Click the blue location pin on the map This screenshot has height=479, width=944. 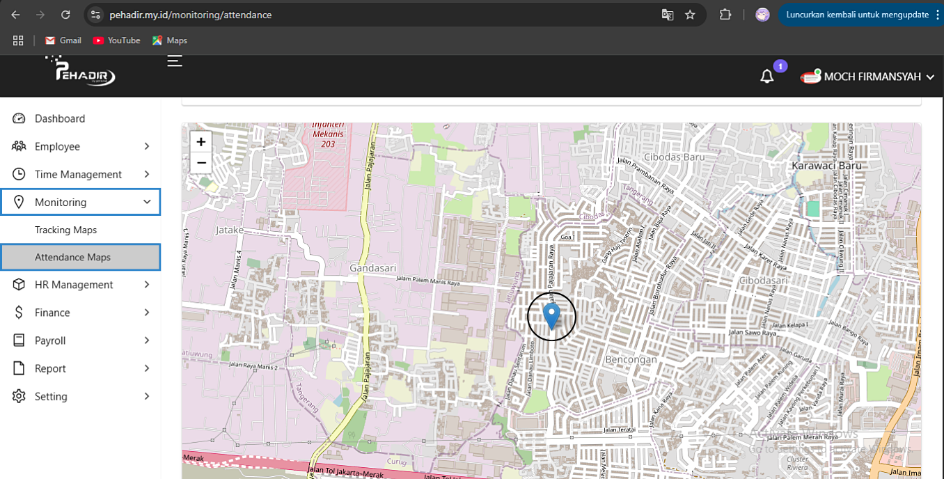pyautogui.click(x=551, y=315)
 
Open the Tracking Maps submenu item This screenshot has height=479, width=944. pyautogui.click(x=66, y=230)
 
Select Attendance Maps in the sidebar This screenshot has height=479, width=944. pyautogui.click(x=73, y=257)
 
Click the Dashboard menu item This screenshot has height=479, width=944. pyautogui.click(x=60, y=118)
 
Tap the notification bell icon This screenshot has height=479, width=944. pyautogui.click(x=767, y=77)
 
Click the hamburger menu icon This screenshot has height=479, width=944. pyautogui.click(x=175, y=61)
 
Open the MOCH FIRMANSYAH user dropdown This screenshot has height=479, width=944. pyautogui.click(x=872, y=77)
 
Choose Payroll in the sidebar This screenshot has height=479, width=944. pyautogui.click(x=50, y=340)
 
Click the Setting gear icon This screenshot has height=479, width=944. pyautogui.click(x=19, y=396)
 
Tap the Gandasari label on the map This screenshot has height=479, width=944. pyautogui.click(x=372, y=267)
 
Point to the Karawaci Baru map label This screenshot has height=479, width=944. pyautogui.click(x=826, y=166)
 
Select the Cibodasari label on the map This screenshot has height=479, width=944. pyautogui.click(x=764, y=280)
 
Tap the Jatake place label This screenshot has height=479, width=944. pyautogui.click(x=230, y=229)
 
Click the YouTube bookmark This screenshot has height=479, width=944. pyautogui.click(x=117, y=40)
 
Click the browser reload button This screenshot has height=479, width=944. pyautogui.click(x=65, y=15)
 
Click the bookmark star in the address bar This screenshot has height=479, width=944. pyautogui.click(x=690, y=15)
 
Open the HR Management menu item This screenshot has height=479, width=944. pyautogui.click(x=74, y=285)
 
